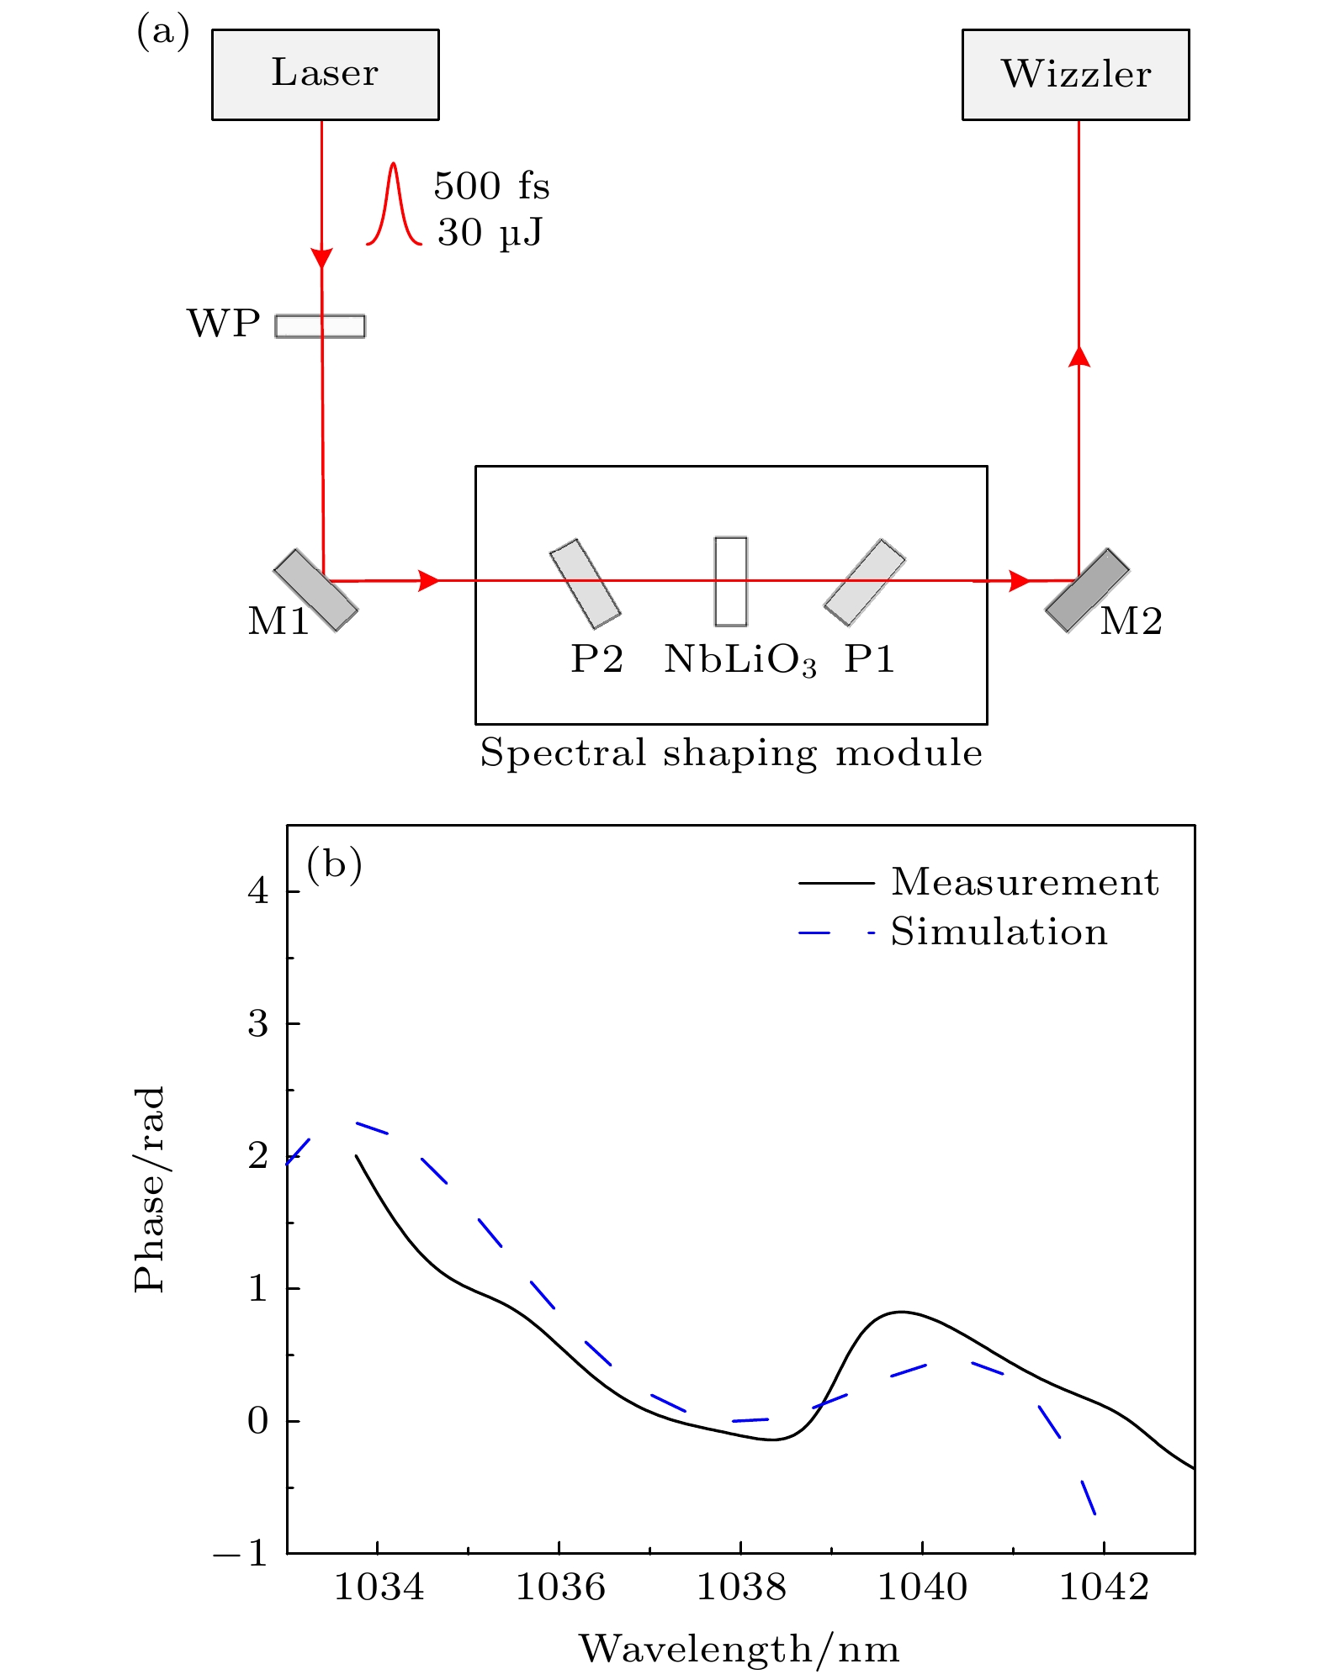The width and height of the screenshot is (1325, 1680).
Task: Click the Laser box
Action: pos(325,75)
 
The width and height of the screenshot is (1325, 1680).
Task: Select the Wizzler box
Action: pos(1075,75)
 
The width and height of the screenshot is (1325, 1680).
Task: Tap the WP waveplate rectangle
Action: pos(320,325)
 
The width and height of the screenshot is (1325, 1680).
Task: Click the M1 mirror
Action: pos(315,589)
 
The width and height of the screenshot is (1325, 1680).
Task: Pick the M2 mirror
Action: pos(1087,589)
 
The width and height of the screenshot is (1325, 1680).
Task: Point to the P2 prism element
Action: pos(585,584)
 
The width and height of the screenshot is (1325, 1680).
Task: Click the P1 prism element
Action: pos(864,583)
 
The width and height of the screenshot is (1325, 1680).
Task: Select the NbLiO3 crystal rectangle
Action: pos(730,581)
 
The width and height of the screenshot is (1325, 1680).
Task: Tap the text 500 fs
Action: pos(491,186)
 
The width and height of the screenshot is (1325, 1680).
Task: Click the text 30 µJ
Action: pos(490,233)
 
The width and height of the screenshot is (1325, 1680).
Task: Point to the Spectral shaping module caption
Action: pos(730,753)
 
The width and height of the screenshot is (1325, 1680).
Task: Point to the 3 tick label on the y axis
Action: pos(257,1024)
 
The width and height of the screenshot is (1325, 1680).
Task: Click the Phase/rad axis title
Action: pos(150,1190)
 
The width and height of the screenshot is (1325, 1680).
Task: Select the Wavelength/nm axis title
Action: pos(739,1648)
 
